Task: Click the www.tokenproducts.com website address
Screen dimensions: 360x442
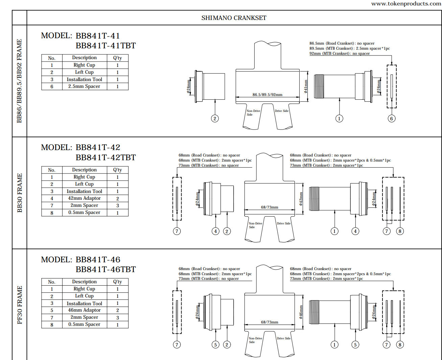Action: tap(406, 4)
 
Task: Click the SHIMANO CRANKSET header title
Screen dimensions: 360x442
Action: tap(234, 18)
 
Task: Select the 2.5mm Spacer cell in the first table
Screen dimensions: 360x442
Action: tap(84, 87)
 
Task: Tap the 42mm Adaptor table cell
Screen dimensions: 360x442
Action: tap(84, 198)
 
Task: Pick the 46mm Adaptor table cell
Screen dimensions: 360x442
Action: tap(84, 310)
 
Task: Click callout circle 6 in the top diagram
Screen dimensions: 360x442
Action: tap(391, 119)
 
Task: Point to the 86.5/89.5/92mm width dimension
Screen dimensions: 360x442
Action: tap(267, 95)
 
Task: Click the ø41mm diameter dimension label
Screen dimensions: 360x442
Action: tap(306, 86)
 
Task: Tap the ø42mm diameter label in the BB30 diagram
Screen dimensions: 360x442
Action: tap(301, 199)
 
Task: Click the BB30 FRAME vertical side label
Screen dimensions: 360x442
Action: tap(20, 193)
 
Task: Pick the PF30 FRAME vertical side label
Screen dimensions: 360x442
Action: tap(20, 305)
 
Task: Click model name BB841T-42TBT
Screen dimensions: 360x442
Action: tap(106, 158)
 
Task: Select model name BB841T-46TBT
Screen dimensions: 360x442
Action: tap(106, 269)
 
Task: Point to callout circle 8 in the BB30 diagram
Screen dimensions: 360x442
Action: tap(400, 231)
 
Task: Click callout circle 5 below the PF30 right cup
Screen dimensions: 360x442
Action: tap(355, 345)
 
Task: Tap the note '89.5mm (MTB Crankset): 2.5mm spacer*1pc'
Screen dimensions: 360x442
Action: tap(349, 48)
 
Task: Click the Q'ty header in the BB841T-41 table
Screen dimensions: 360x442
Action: tap(117, 58)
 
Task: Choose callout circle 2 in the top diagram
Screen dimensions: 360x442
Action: tap(215, 119)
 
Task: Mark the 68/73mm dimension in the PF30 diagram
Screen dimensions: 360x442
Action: tap(270, 322)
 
